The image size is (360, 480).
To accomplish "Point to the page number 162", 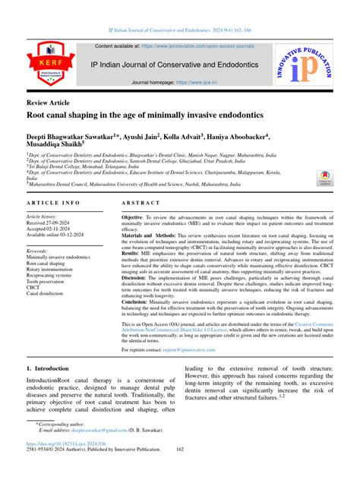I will pos(180,471).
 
